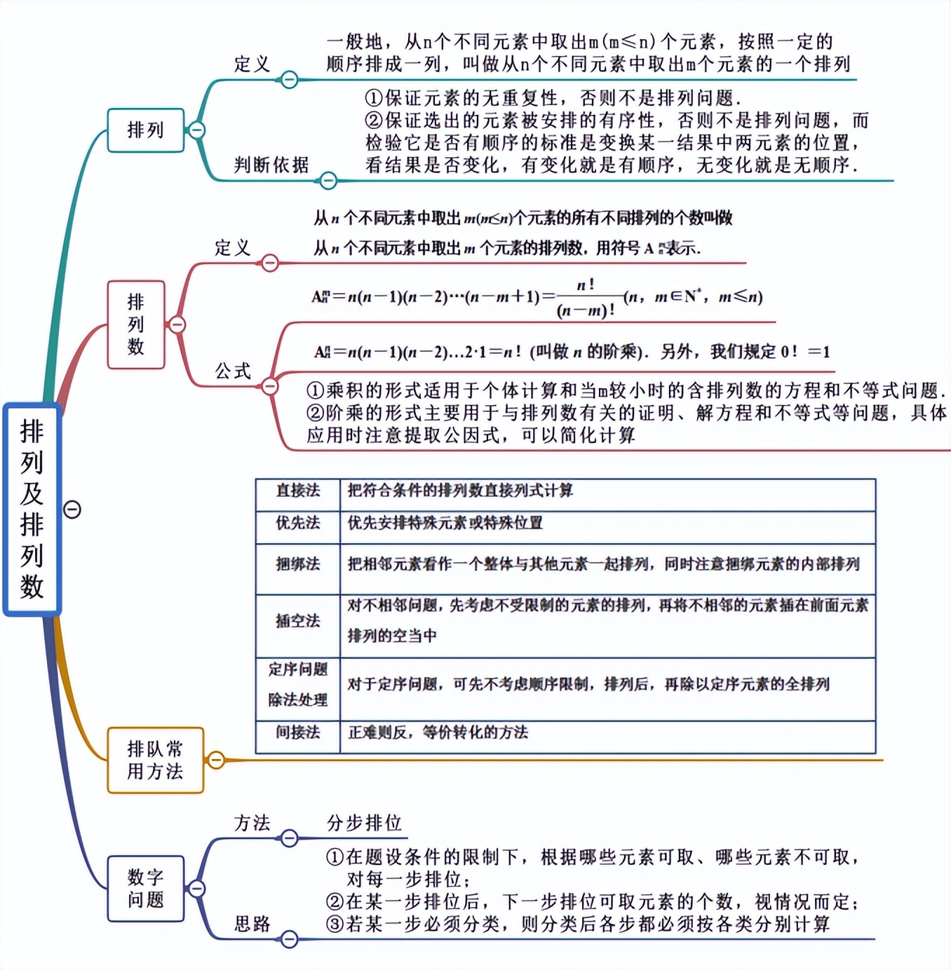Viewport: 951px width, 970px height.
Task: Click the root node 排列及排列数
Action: tap(32, 510)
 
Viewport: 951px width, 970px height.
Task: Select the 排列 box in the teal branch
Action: tap(145, 130)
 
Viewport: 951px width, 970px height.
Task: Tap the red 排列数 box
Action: tap(136, 325)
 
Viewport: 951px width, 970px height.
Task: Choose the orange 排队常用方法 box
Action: tap(155, 760)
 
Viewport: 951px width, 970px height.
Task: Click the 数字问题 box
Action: tap(145, 889)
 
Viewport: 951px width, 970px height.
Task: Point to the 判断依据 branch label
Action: tap(271, 165)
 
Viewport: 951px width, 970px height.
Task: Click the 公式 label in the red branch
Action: tap(233, 371)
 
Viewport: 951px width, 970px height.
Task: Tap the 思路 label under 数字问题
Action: tap(252, 924)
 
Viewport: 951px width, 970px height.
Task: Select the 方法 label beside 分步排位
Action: tap(252, 823)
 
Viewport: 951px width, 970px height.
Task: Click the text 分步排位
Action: tap(364, 823)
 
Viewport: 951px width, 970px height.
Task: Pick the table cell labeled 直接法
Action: tap(298, 491)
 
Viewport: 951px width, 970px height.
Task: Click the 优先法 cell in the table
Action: tap(298, 523)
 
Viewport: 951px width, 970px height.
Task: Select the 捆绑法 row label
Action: tap(298, 564)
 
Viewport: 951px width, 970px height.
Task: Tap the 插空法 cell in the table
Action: tap(298, 621)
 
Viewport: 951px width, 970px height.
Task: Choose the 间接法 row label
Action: tap(298, 732)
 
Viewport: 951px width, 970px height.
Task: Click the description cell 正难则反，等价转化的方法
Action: tap(438, 732)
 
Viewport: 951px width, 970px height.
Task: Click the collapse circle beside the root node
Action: tap(72, 510)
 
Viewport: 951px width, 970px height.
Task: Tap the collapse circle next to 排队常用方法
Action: tap(217, 760)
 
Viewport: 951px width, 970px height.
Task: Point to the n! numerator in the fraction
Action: tap(586, 285)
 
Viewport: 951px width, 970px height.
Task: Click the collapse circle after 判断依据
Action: tap(328, 181)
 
